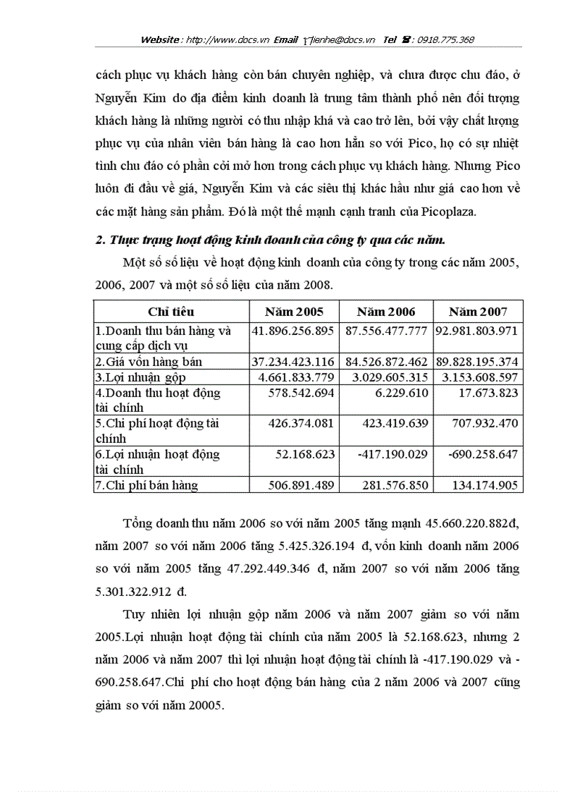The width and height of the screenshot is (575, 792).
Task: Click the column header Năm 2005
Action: [x=294, y=312]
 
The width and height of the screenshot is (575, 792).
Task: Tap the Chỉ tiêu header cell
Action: [x=171, y=312]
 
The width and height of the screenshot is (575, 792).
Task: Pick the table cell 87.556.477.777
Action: [x=385, y=330]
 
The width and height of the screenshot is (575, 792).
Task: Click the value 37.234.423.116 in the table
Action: [x=293, y=362]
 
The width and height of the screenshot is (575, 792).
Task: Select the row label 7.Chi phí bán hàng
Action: [x=147, y=485]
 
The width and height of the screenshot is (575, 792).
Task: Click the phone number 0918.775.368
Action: [x=445, y=40]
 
